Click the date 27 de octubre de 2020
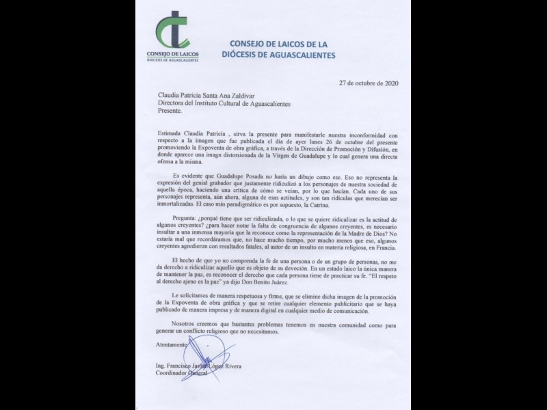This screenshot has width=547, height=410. click(369, 83)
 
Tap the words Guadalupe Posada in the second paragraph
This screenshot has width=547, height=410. click(241, 176)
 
